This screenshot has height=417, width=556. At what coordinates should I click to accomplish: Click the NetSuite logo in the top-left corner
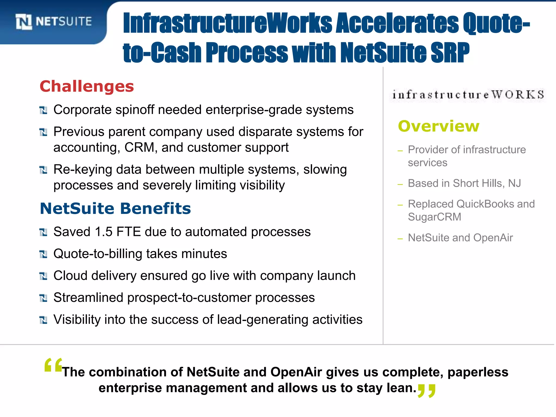[53, 21]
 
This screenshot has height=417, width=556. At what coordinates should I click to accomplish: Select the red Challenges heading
[87, 86]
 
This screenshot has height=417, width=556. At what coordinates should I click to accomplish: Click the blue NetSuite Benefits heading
[115, 208]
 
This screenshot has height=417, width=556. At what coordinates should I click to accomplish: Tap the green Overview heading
[438, 126]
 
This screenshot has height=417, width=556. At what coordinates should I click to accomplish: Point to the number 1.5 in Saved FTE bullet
[103, 232]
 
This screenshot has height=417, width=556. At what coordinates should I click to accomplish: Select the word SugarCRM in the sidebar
[434, 217]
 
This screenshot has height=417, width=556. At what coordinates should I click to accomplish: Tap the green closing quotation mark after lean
[427, 391]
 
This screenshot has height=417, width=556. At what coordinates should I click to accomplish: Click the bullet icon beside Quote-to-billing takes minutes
[43, 254]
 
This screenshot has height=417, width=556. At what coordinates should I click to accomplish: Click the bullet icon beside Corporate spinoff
[43, 110]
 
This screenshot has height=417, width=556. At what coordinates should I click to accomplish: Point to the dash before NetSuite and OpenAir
[400, 239]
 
